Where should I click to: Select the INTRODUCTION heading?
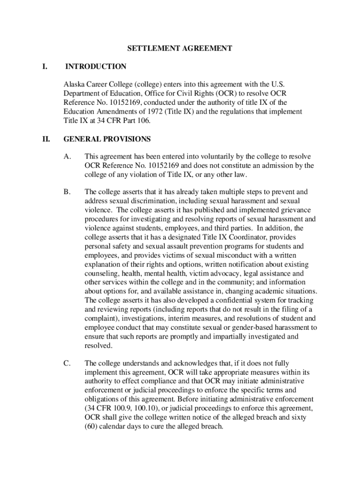tap(95, 66)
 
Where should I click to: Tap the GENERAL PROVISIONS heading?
tap(107, 139)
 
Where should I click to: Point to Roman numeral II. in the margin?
tap(45, 139)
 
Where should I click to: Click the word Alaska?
tap(75, 85)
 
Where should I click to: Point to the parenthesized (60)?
tap(92, 426)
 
